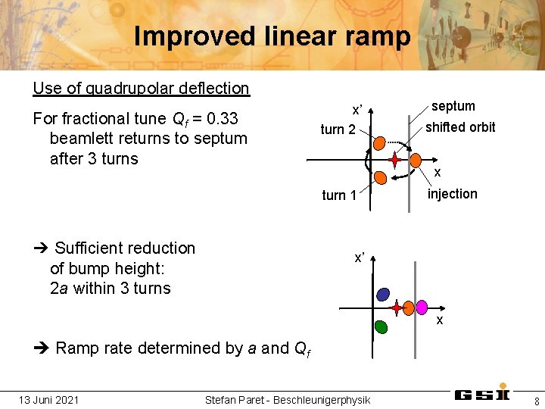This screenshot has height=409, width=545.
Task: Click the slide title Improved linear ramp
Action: point(272,36)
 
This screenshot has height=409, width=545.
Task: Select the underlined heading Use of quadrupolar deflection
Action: point(141,88)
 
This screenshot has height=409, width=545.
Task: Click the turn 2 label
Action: point(338,130)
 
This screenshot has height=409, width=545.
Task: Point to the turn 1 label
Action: point(339,195)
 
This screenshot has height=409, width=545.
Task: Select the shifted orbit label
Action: point(460,127)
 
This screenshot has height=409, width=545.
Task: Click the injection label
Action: point(453,194)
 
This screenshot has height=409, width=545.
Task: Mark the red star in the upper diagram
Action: point(395,160)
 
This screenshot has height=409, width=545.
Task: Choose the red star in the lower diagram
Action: point(397,309)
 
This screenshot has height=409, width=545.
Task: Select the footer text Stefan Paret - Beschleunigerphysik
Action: point(288,400)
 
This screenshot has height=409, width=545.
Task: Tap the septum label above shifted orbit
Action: point(453,106)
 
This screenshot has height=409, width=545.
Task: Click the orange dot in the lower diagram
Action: point(410,308)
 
